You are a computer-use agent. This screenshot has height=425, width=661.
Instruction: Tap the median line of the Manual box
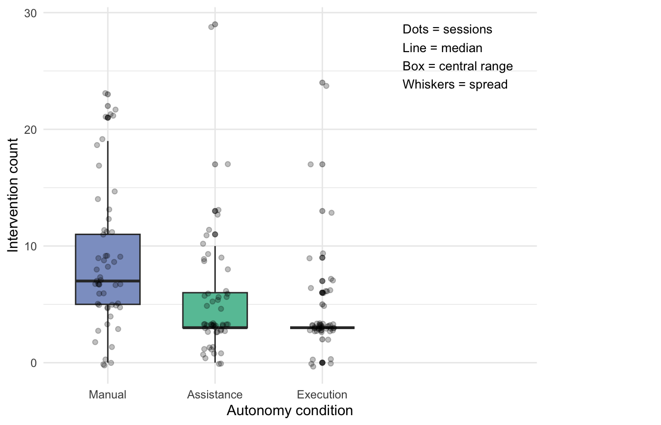[x=108, y=281]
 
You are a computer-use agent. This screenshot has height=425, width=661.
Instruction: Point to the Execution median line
[x=322, y=328]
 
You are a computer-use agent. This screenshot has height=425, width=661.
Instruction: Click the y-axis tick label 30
[x=30, y=13]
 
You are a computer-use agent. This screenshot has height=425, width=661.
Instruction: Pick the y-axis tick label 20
[x=30, y=129]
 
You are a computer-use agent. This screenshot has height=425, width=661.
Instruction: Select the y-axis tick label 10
[x=30, y=246]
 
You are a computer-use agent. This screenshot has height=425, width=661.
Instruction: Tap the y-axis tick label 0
[x=33, y=363]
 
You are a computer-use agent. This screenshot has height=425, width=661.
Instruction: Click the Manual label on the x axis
[x=108, y=395]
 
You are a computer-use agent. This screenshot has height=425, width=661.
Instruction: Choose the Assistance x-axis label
[x=215, y=395]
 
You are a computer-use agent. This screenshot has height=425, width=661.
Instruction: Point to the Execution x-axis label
[x=322, y=395]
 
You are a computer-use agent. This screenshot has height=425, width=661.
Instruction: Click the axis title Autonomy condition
[x=290, y=411]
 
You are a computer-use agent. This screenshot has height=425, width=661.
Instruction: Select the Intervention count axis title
[x=13, y=195]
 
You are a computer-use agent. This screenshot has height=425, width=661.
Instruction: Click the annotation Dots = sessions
[x=448, y=30]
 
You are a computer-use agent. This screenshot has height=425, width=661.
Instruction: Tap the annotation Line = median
[x=442, y=48]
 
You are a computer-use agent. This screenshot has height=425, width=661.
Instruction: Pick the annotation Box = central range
[x=458, y=66]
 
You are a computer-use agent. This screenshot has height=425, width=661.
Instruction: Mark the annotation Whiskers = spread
[x=455, y=85]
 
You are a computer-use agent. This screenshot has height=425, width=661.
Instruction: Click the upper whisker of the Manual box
[x=108, y=188]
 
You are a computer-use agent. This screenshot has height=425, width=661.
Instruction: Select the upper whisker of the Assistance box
[x=215, y=269]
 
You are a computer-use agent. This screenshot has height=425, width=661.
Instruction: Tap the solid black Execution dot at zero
[x=322, y=363]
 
